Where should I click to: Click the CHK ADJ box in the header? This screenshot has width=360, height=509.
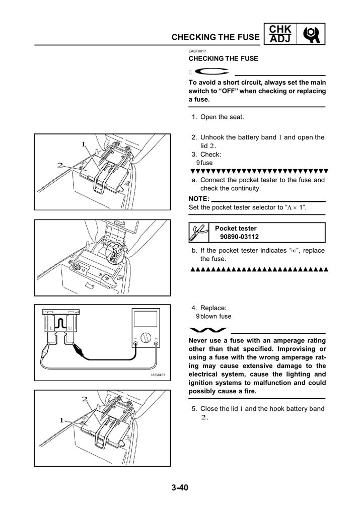pyautogui.click(x=280, y=33)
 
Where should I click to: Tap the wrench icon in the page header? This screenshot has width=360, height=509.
pyautogui.click(x=312, y=33)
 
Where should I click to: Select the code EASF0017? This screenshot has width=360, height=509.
pyautogui.click(x=197, y=50)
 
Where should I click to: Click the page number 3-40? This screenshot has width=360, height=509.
pyautogui.click(x=180, y=487)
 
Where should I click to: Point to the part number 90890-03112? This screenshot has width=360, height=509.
pyautogui.click(x=240, y=237)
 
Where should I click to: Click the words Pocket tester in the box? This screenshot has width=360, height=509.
pyautogui.click(x=236, y=229)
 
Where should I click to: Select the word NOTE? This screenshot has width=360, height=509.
pyautogui.click(x=198, y=199)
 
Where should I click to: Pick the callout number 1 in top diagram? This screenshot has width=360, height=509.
pyautogui.click(x=83, y=144)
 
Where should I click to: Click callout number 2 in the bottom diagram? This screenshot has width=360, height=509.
pyautogui.click(x=85, y=399)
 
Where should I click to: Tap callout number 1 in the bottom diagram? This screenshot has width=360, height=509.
pyautogui.click(x=62, y=420)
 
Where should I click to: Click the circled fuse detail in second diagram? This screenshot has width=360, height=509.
pyautogui.click(x=115, y=251)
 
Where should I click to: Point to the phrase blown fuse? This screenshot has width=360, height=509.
pyautogui.click(x=216, y=317)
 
